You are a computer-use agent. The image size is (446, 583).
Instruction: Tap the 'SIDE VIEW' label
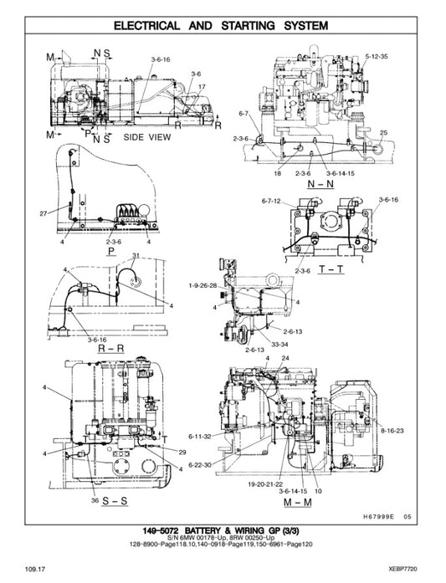click(146, 136)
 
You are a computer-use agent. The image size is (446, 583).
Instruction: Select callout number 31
click(136, 255)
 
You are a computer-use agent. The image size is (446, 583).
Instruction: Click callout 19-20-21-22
click(264, 483)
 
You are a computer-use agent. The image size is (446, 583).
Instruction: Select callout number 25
click(383, 133)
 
